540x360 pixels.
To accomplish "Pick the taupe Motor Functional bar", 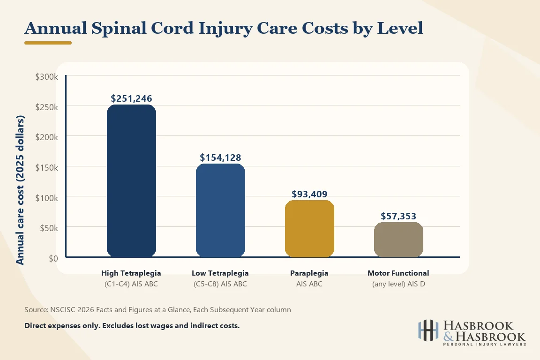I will click(398, 240).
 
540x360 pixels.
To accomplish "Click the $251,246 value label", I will click(131, 99).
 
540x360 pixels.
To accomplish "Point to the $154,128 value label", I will click(220, 158).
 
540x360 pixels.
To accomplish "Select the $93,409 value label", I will click(309, 194).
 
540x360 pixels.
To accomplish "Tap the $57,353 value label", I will click(398, 216).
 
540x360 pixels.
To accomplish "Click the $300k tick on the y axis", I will click(47, 76).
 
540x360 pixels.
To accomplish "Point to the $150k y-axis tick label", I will click(47, 167).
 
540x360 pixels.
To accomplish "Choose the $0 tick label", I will click(52, 258).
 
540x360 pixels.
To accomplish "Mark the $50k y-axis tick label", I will click(48, 228).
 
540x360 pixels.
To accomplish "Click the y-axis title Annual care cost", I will click(20, 189).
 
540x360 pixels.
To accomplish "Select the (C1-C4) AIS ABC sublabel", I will click(131, 284).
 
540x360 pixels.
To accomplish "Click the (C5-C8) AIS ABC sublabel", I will click(220, 284).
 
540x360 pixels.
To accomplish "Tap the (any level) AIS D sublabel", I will click(398, 284).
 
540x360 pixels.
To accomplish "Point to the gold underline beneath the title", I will click(48, 43).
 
